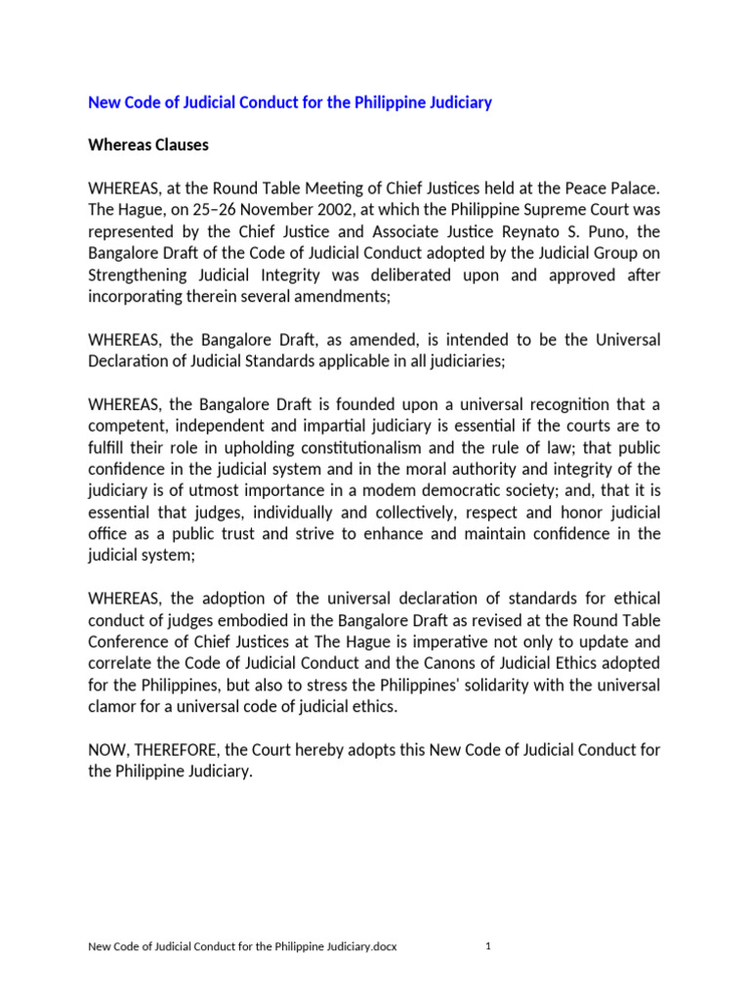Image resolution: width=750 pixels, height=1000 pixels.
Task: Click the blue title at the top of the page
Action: pos(290,103)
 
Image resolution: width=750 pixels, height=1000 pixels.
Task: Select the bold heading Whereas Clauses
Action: pos(148,146)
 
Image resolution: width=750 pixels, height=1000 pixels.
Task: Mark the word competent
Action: pos(127,426)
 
